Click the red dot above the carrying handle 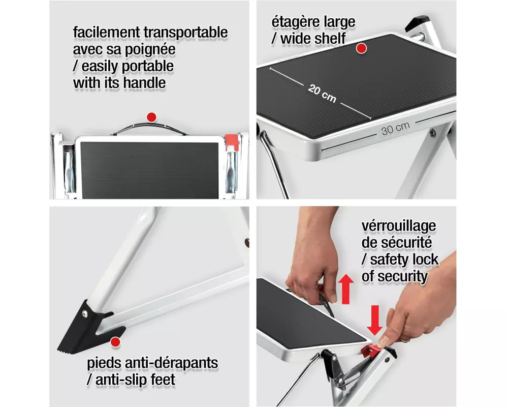[x=151, y=117]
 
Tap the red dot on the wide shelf [x=361, y=48]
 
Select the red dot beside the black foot [x=115, y=342]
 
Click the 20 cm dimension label [x=322, y=94]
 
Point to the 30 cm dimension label [x=395, y=128]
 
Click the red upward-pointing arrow [x=345, y=288]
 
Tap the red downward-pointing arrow [x=374, y=320]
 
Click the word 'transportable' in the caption [x=185, y=32]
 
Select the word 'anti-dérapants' [x=171, y=363]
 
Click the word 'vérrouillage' [x=399, y=226]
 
